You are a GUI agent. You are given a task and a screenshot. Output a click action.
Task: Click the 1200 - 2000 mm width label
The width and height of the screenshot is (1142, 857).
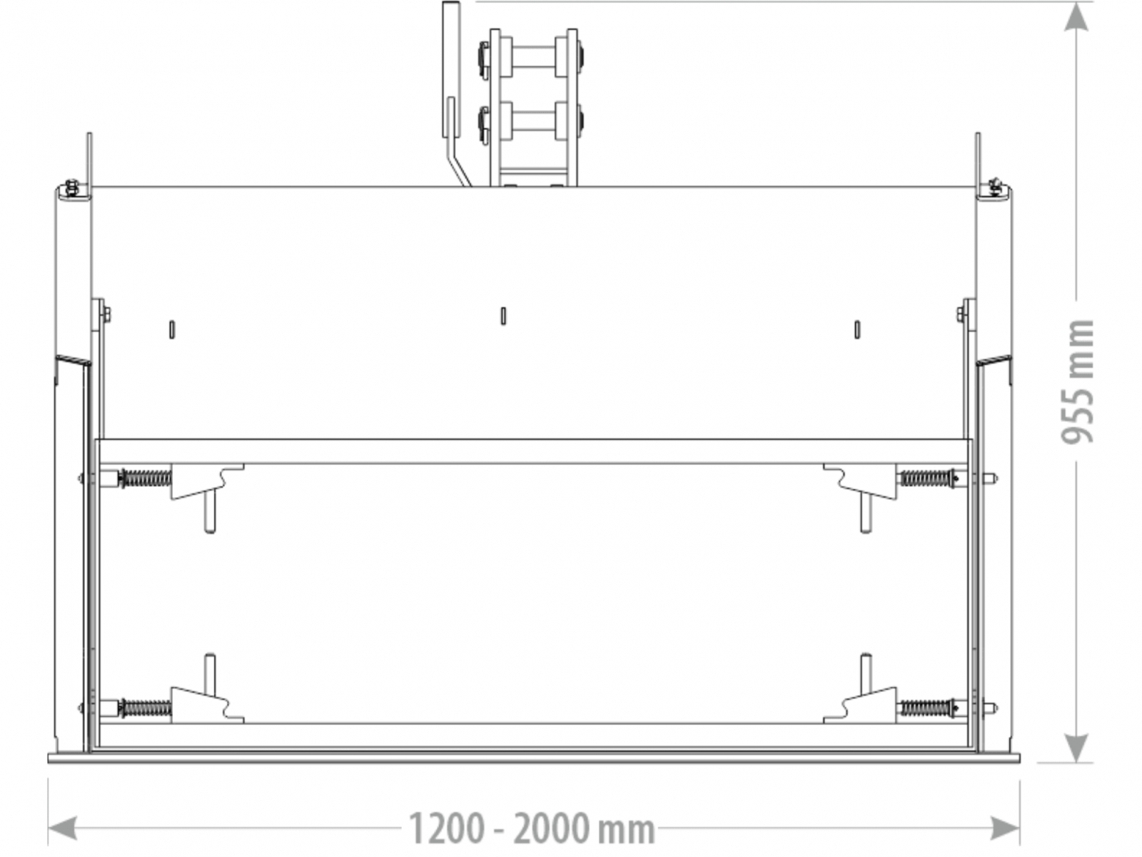[x=531, y=828]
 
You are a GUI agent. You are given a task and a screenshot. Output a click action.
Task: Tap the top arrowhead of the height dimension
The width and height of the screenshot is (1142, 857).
[x=1076, y=17]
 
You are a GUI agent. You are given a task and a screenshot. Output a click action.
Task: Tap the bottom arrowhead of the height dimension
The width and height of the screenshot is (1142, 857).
[x=1076, y=748]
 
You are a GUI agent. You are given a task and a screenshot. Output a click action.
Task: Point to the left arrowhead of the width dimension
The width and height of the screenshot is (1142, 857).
[x=62, y=828]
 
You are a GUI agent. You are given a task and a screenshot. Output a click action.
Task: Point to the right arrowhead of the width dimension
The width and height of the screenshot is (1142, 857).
[x=1005, y=828]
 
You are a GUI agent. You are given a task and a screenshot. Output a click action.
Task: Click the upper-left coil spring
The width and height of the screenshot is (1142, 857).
[x=145, y=478]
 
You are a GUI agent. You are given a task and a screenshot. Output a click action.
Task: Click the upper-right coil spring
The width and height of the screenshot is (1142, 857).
[x=926, y=478]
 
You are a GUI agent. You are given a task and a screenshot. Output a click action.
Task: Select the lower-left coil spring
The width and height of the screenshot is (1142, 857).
[x=145, y=708]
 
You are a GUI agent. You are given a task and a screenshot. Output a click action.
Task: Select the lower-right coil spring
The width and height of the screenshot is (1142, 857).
[x=926, y=708]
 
